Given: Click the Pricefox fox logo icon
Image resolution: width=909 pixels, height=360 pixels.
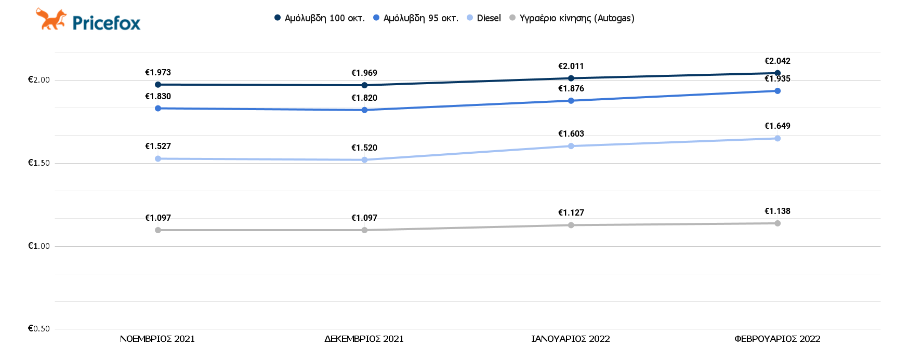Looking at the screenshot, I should click(x=51, y=19).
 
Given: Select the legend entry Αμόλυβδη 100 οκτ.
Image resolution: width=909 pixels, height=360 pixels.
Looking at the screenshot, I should click(x=320, y=18).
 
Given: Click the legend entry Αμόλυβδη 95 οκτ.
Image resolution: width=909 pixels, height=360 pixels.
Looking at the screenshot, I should click(x=416, y=18).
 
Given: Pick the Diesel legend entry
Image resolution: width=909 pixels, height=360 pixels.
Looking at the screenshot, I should click(x=484, y=18).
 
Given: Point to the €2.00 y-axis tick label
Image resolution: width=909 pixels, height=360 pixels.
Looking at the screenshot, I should click(x=39, y=80).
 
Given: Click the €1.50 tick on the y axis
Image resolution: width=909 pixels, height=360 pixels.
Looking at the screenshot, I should click(x=39, y=163).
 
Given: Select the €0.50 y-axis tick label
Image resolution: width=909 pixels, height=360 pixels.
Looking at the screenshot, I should click(x=39, y=329).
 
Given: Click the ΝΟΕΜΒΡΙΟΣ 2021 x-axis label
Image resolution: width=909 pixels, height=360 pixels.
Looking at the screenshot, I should click(x=157, y=339).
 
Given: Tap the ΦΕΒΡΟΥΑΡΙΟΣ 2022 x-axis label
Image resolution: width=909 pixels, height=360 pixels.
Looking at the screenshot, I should click(x=777, y=339).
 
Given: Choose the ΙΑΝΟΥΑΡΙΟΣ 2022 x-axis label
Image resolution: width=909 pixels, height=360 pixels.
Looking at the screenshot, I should click(x=571, y=339).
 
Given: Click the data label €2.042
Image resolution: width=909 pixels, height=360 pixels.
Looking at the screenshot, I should click(x=777, y=61).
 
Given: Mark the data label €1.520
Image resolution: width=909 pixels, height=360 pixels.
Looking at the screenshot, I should click(x=364, y=148).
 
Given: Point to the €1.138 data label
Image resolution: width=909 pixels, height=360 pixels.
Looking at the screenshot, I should click(x=777, y=211).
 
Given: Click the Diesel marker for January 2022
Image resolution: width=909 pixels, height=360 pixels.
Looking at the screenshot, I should click(x=571, y=146).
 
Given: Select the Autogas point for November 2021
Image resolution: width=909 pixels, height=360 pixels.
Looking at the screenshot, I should click(x=158, y=230).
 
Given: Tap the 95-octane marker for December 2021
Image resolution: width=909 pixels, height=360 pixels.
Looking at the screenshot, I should click(x=364, y=110).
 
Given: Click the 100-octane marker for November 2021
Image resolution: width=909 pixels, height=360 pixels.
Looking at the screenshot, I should click(x=158, y=85).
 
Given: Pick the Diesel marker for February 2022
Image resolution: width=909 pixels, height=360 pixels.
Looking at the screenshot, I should click(x=778, y=138).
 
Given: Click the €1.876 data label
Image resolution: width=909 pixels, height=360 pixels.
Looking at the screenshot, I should click(x=571, y=89).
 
